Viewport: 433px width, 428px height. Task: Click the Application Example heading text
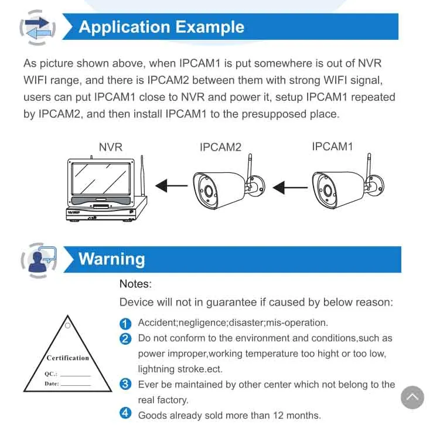coord(161,27)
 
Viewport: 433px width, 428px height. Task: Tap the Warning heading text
coord(111,259)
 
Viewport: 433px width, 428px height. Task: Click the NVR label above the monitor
coord(111,147)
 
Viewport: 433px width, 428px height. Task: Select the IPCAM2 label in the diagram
coord(220,147)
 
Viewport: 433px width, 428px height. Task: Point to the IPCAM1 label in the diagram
coord(332,147)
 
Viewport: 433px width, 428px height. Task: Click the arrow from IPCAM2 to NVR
coord(172,186)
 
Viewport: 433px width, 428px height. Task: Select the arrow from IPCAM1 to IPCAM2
coord(290,188)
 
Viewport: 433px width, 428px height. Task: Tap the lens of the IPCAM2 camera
coord(208,191)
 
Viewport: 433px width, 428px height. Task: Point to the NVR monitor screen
coord(101,179)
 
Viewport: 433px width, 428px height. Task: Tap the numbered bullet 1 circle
coord(125,324)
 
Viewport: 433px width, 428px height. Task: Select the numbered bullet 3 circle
coord(125,384)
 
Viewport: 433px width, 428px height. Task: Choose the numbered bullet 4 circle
coord(125,413)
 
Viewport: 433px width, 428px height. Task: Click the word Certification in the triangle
coord(67,358)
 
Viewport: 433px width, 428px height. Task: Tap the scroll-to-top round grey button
coord(412,398)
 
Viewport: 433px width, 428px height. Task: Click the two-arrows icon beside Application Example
coord(37,28)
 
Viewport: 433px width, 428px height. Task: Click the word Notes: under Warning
coord(135,284)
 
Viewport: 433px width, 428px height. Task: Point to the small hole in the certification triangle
coord(67,325)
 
